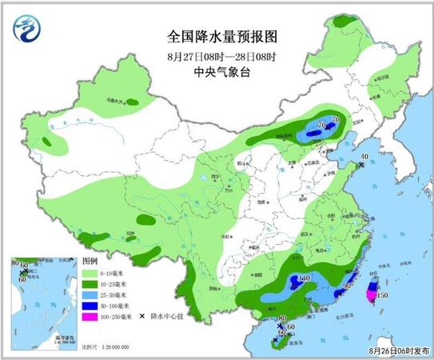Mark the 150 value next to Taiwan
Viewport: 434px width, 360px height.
coord(382,296)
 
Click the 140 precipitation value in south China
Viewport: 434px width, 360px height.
coord(305,279)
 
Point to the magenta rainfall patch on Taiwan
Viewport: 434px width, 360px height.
coord(370,294)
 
